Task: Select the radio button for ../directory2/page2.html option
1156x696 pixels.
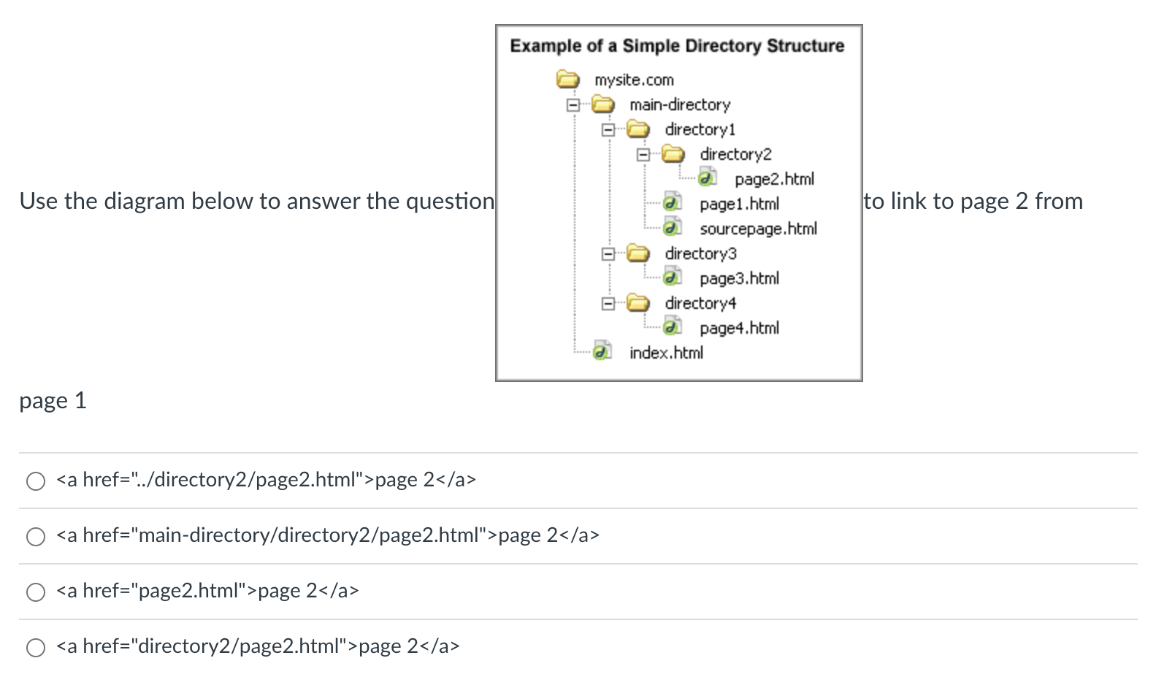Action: [36, 481]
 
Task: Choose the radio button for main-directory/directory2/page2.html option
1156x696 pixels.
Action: [36, 536]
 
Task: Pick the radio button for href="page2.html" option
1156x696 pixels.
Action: [36, 592]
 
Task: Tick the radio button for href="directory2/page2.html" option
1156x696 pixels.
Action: [36, 647]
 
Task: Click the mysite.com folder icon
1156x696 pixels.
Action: [567, 79]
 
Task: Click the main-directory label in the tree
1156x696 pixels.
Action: [679, 104]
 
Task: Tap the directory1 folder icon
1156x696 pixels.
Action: [638, 129]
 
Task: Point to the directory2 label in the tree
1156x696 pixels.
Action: [735, 154]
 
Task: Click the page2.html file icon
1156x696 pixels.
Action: [707, 178]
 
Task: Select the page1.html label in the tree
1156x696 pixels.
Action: [739, 204]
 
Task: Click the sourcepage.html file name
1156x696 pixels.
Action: [758, 229]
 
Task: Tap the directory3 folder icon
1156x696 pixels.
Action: [638, 253]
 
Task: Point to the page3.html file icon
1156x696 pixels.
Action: [672, 278]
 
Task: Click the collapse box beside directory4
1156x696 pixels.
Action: [608, 303]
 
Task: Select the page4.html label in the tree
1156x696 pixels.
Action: [739, 328]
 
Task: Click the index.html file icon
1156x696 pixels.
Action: [602, 352]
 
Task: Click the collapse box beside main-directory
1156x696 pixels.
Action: [573, 104]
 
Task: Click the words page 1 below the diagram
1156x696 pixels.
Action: [53, 400]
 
